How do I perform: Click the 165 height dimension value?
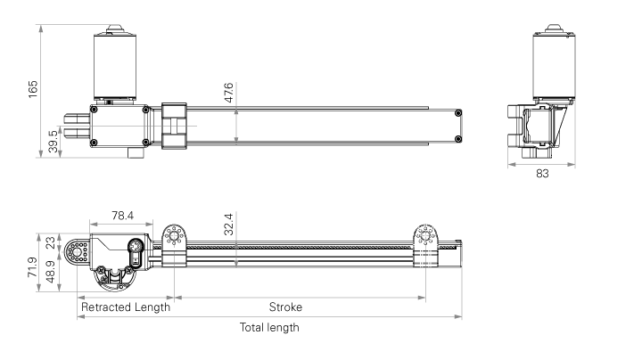coord(33,89)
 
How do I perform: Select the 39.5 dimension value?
coord(53,142)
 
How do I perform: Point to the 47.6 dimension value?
coord(228,93)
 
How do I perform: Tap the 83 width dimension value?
coord(542,174)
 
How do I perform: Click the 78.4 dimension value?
coord(122,216)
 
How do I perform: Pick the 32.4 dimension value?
coord(228,225)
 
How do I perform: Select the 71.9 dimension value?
coord(33,267)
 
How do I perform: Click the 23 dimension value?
coord(50,242)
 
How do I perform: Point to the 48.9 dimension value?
coord(50,272)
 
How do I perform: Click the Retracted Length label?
coord(126,307)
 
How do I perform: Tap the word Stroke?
coord(285,307)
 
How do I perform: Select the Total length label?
coord(269,328)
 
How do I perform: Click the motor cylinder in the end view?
coord(554,66)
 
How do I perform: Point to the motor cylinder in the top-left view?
coord(115,66)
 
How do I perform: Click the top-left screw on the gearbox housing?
coord(94,110)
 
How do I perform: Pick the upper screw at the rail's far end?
coord(458,113)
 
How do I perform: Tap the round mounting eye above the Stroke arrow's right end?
coord(425,236)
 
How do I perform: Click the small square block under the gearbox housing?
coord(136,153)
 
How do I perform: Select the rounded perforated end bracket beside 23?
coord(77,251)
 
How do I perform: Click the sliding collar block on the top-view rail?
coord(174,126)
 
